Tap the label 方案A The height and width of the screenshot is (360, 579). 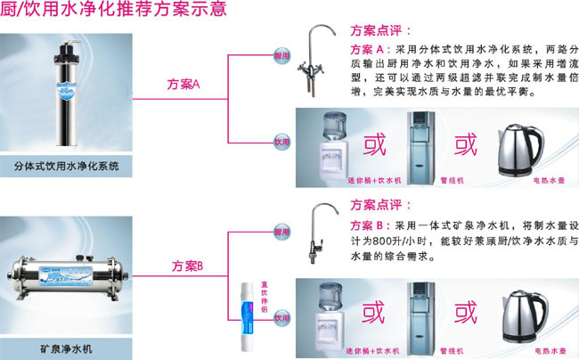(x=184, y=84)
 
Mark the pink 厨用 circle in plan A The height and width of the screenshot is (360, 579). (x=282, y=55)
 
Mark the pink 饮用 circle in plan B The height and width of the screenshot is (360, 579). (x=282, y=317)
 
